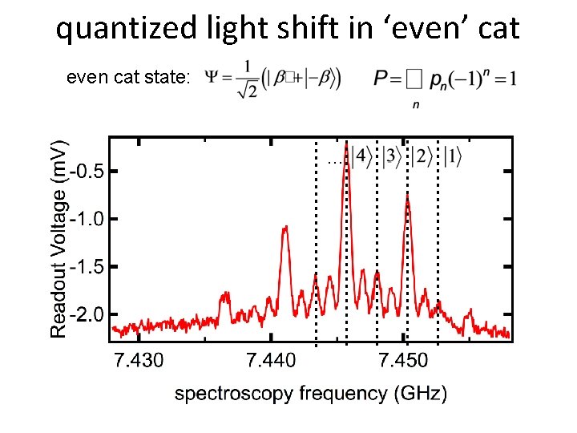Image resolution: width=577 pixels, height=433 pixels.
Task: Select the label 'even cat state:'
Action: (128, 78)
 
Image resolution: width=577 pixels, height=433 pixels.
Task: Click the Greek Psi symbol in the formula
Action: (214, 78)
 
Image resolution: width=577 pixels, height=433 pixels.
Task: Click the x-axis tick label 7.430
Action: (139, 361)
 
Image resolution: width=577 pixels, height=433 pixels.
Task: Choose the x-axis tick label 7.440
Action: (272, 361)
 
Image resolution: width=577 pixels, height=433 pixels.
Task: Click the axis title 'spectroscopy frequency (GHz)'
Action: (311, 394)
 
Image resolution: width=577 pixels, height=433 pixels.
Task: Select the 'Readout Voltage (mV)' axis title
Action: (60, 239)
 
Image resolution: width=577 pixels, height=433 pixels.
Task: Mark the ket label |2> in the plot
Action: (421, 156)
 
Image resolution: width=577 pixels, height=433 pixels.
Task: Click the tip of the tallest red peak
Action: (346, 146)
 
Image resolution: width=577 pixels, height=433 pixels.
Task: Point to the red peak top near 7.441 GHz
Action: (285, 228)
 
